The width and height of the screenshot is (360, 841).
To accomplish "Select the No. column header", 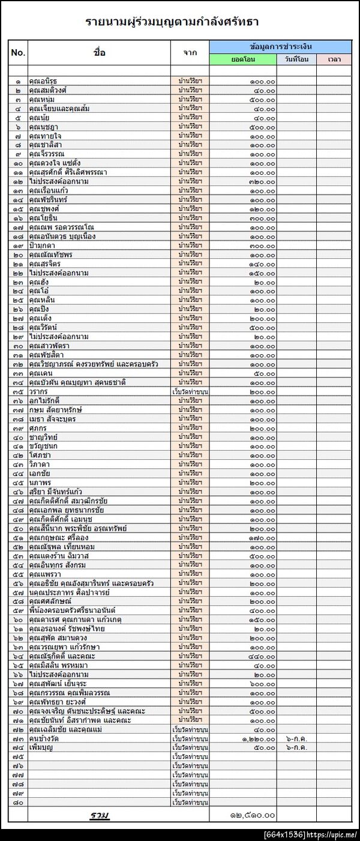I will pos(18,52).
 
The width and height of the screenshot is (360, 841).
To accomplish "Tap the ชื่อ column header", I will pos(100,52).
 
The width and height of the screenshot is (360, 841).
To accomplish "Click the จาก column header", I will pos(190,52).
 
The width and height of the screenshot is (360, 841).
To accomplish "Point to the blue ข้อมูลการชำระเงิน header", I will pos(280,46).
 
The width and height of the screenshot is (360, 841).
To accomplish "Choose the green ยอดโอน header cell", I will pos(243,59).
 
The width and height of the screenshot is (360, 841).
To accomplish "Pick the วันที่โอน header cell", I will pos(296,59).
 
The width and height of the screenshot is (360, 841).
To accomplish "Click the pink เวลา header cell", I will pos(334,59).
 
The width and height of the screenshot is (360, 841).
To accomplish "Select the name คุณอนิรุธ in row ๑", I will pos(43,81).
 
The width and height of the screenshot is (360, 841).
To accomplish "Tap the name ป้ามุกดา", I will pos(42,246).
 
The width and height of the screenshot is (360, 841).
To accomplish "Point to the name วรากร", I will pos(38,391).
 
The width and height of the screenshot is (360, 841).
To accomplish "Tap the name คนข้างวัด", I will pos(44,738).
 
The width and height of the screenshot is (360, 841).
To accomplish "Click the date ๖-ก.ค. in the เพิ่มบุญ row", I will pos(296,747).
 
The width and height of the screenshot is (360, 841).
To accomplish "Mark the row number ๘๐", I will pos(18,802).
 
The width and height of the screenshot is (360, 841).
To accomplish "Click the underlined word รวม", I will pos(100,815).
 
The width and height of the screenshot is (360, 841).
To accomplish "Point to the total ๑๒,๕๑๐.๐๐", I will pos(253,815).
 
